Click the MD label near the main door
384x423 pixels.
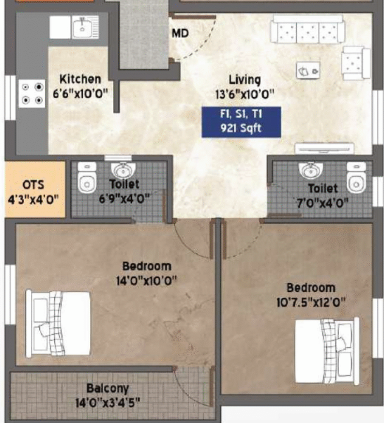pos(180,34)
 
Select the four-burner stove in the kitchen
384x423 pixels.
pos(32,94)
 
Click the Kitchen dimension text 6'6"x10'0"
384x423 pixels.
pos(80,94)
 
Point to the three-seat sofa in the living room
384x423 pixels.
pos(308,29)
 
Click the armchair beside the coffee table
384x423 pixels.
pos(356,63)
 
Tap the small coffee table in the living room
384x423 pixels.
pos(308,70)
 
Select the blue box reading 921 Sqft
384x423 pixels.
pos(241,122)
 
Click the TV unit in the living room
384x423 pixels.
pos(324,149)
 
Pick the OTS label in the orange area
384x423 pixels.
pos(33,185)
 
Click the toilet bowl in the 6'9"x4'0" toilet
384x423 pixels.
pos(87,177)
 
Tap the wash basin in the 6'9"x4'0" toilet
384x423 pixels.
pos(123,170)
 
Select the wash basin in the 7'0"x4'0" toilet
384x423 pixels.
pos(311,170)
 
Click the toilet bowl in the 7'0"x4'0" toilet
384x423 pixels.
pos(357,177)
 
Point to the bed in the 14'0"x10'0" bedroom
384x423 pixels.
pos(58,324)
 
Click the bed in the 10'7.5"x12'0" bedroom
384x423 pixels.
pos(327,351)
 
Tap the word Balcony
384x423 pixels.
pos(108,389)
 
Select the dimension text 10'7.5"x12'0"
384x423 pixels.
pos(311,303)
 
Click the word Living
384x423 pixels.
pos(245,80)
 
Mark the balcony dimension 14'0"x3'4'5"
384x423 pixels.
pos(108,403)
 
